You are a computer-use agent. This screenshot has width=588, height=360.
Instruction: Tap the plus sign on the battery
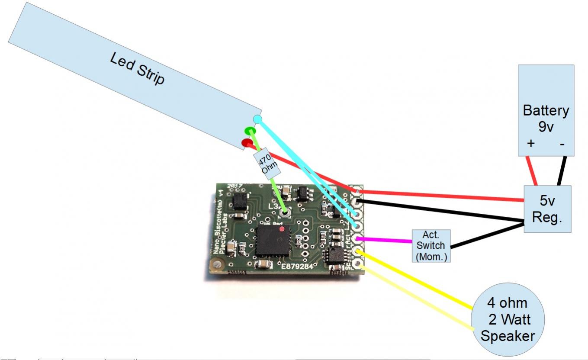point(530,143)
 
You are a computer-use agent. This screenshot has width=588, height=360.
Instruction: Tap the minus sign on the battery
point(562,144)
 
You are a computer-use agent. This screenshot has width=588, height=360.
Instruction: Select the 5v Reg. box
point(547,209)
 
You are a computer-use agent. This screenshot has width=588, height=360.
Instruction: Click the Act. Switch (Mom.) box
point(431,245)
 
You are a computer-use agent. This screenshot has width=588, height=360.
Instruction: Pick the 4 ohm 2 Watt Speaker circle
point(507,319)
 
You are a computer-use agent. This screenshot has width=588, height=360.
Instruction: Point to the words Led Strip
point(137,68)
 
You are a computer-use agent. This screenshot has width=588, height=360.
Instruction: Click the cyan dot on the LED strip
point(257,119)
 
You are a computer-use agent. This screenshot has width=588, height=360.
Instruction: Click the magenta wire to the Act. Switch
point(385,240)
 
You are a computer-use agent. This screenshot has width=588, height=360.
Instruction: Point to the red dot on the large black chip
point(282,228)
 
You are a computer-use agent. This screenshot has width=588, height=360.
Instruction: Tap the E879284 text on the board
point(297,266)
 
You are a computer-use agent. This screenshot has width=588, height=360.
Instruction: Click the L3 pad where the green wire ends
point(285,212)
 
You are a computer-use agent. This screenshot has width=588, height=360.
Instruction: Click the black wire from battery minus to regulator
point(562,170)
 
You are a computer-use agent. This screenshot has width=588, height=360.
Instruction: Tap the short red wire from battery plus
point(531,170)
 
